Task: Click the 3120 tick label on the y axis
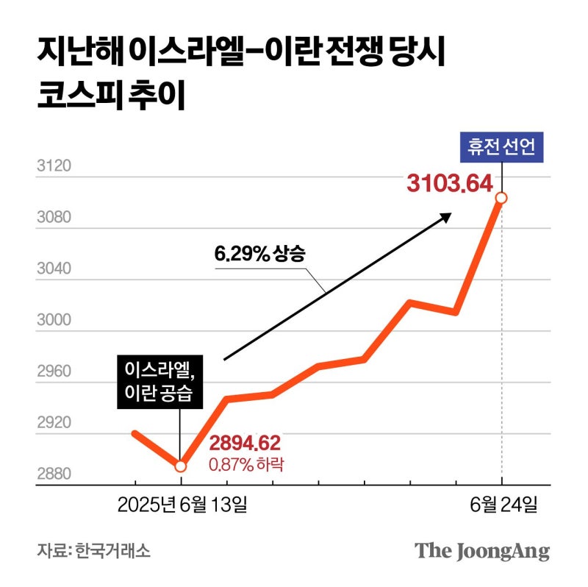[x=53, y=166]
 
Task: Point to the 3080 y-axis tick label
[x=53, y=218]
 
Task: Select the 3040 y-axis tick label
[x=53, y=269]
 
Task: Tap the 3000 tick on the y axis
[x=53, y=321]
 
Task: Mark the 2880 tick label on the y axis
[x=53, y=474]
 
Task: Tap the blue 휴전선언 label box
[x=501, y=147]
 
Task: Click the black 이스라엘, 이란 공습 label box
[x=159, y=382]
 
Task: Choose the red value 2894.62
[x=245, y=443]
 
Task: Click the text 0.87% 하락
[x=245, y=464]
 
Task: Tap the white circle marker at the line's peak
[x=501, y=198]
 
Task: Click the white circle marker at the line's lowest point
[x=180, y=466]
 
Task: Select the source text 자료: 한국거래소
[x=93, y=551]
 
